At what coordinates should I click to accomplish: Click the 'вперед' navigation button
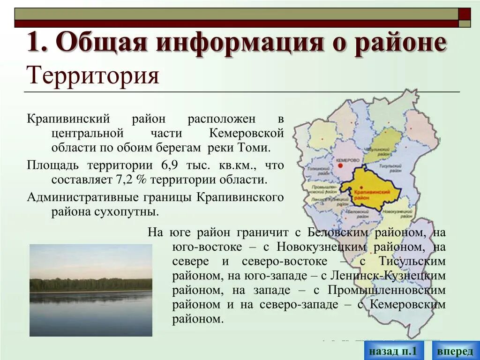455,351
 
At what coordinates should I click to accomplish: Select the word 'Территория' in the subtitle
93,75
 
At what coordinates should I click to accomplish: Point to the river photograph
91,290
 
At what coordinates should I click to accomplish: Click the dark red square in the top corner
465,14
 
